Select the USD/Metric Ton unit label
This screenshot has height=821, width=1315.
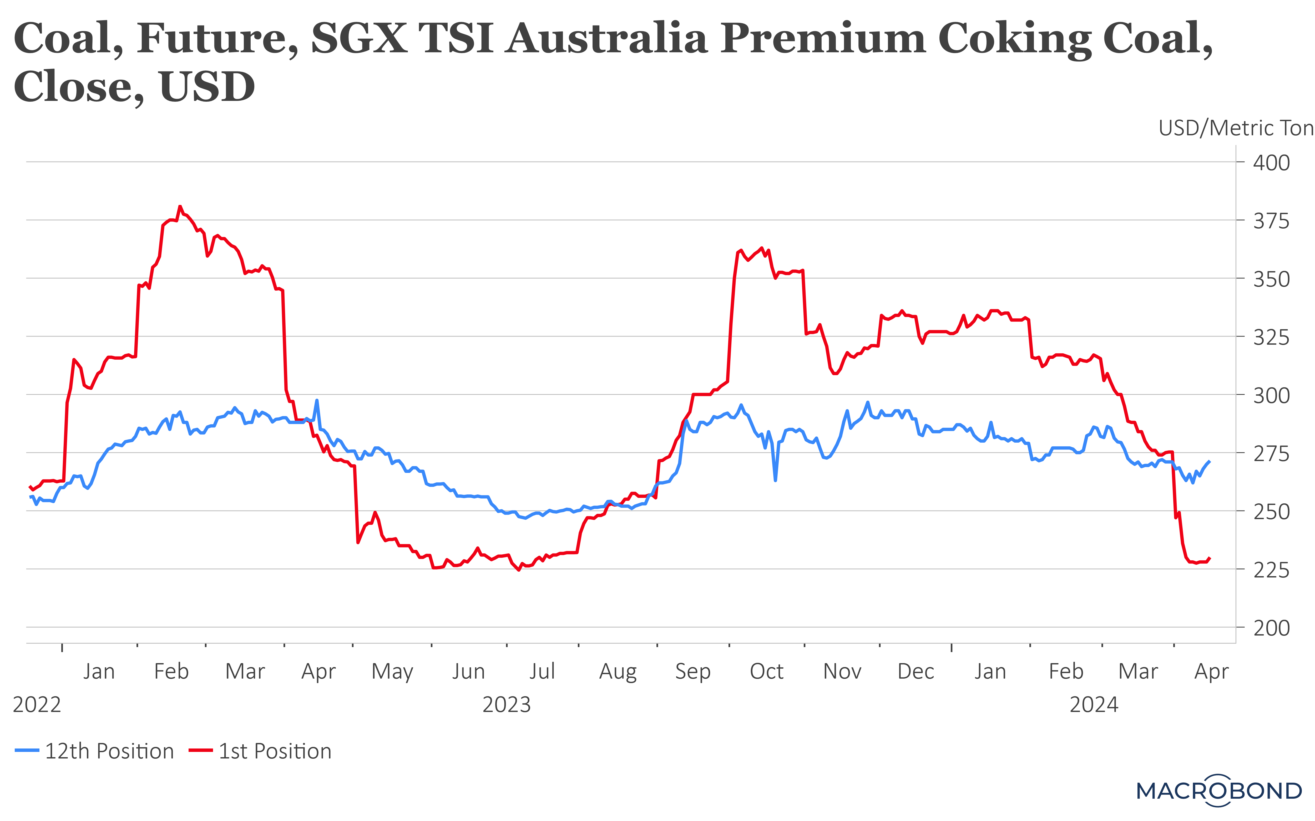[x=1236, y=128]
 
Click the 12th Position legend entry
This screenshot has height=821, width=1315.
[x=95, y=751]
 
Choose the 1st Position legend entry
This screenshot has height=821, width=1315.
[x=261, y=751]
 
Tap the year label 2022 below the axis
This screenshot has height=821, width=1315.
[x=37, y=705]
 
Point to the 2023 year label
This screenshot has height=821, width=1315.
[x=507, y=705]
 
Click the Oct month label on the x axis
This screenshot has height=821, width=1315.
[x=766, y=672]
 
